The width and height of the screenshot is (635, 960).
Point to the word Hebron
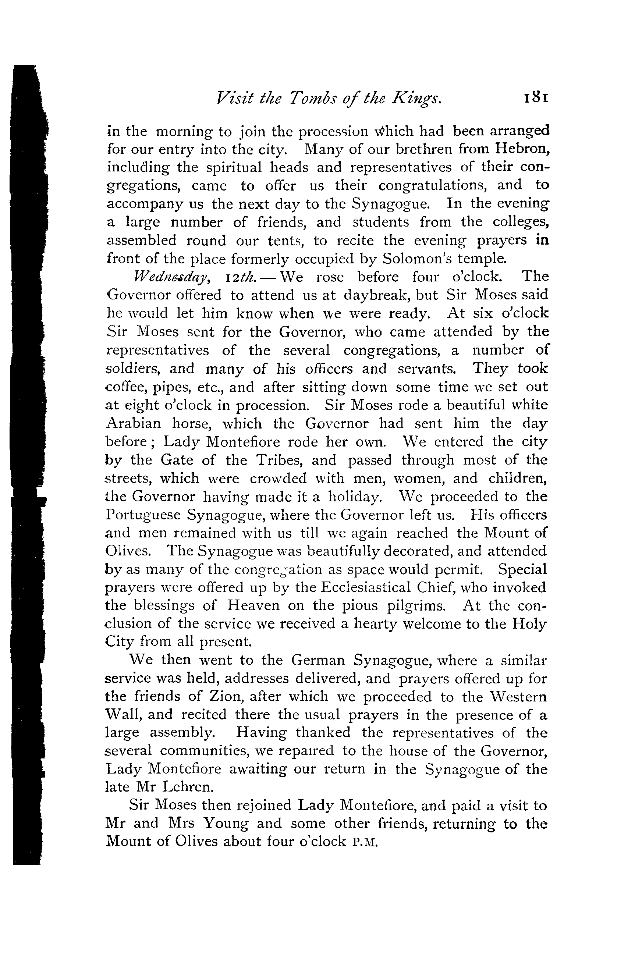(x=523, y=149)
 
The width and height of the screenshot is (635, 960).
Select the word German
(x=318, y=660)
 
